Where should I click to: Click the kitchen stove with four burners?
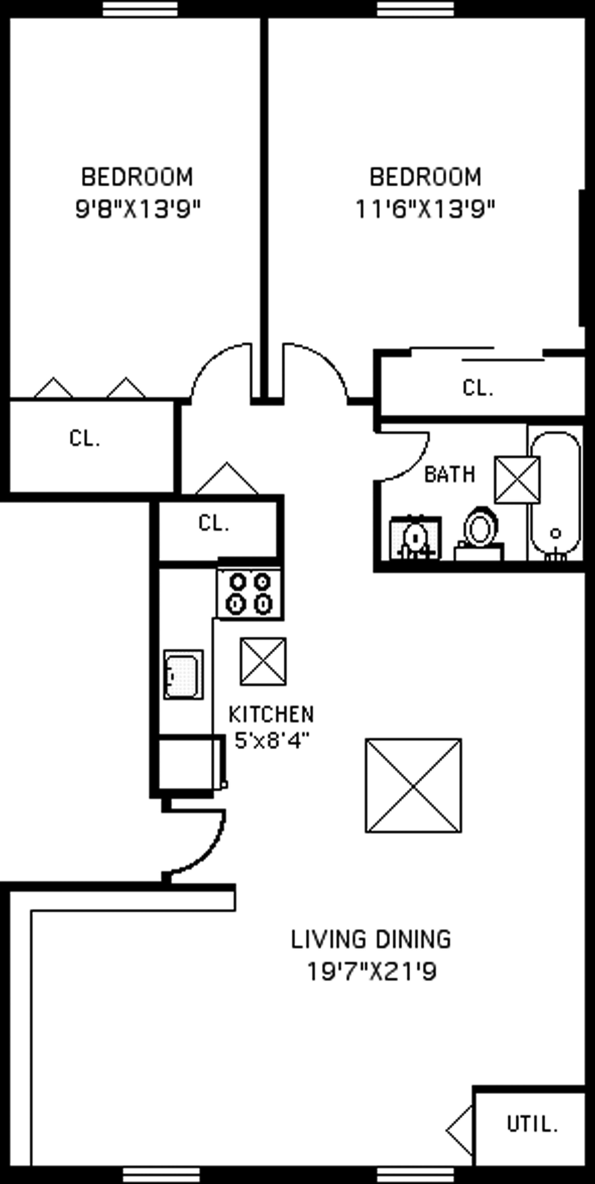[x=250, y=593]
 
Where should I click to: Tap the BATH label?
[x=449, y=474]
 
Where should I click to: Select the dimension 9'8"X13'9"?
[x=138, y=210]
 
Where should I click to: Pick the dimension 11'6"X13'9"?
[x=425, y=210]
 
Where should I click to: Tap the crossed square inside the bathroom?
[x=517, y=479]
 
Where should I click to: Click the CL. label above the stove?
[x=214, y=523]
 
